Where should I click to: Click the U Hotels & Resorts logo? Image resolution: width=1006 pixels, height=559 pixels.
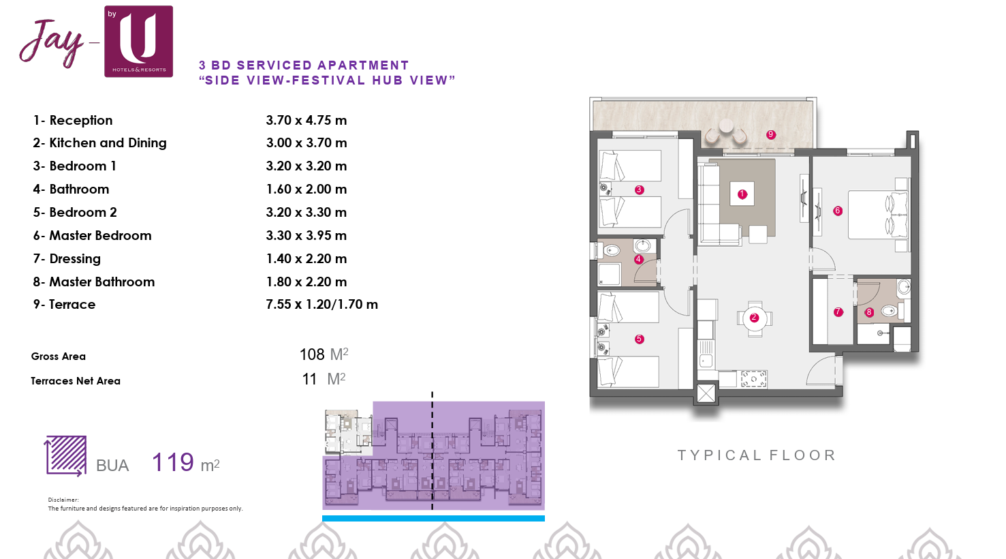(138, 42)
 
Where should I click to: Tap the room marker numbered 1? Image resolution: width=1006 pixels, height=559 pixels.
(742, 194)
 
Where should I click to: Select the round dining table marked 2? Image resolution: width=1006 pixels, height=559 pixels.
(754, 318)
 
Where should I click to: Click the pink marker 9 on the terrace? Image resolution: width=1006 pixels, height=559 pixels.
(770, 134)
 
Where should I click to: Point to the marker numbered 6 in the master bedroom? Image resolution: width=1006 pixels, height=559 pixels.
(838, 211)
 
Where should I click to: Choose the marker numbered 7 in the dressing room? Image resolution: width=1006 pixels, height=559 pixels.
(838, 312)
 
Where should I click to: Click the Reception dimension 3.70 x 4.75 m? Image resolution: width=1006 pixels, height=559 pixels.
(306, 121)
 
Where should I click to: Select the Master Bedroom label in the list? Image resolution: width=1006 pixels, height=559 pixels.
(100, 235)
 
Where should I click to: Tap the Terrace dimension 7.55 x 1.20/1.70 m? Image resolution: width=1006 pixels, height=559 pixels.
(321, 305)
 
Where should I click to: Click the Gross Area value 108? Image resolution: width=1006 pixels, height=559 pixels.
(312, 354)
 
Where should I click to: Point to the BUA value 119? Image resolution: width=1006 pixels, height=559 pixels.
(173, 462)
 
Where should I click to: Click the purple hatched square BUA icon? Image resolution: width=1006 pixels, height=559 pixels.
(65, 455)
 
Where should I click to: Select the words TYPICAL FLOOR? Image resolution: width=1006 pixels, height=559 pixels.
(756, 455)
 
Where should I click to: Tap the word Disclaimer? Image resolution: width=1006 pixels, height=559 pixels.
(63, 500)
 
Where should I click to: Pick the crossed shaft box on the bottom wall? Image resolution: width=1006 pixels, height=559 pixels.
(706, 393)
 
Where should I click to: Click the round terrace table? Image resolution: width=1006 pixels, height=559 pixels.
(726, 126)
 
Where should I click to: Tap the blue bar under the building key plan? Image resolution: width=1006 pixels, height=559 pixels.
(433, 519)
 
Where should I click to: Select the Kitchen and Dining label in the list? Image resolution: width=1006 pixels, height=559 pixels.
(108, 143)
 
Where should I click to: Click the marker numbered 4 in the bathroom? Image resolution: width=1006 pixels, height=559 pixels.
(638, 259)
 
